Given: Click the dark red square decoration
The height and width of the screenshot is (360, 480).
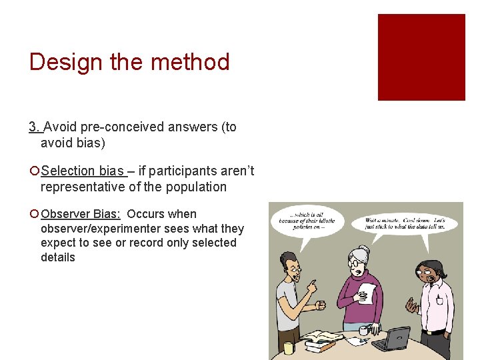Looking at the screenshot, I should click(x=421, y=57).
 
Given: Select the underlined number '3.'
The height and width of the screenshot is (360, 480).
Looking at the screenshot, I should click(x=35, y=127).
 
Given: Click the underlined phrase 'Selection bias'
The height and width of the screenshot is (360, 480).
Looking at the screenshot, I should click(x=82, y=171).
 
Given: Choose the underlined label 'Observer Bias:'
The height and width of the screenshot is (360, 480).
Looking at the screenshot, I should click(x=81, y=214).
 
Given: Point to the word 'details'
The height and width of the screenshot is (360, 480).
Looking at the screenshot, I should click(x=58, y=257).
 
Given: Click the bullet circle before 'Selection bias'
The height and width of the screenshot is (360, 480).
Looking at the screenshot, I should click(x=33, y=171).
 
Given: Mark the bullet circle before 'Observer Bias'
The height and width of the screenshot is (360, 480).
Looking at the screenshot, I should click(x=33, y=215).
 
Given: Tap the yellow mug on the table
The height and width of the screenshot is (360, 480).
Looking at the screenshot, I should click(x=289, y=347).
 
